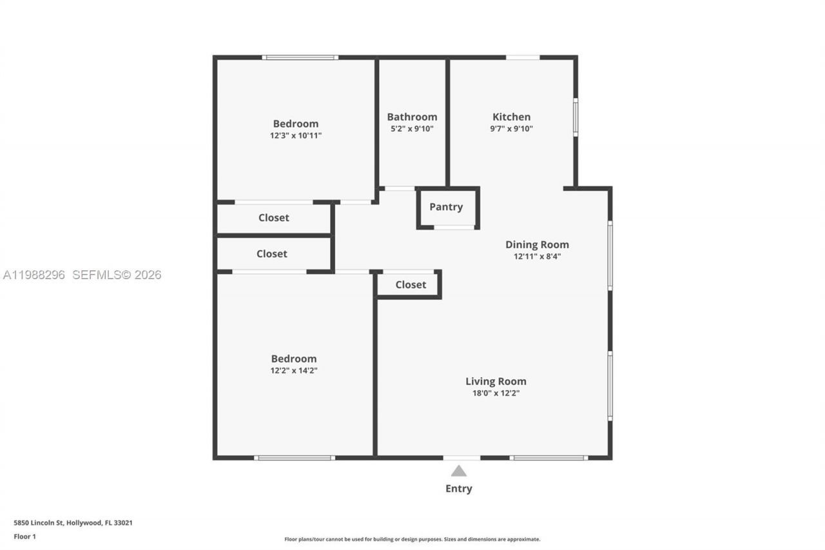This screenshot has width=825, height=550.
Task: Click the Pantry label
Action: tap(446, 207)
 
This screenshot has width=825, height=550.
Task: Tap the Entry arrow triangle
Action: tap(458, 471)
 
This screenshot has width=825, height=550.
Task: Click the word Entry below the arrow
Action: tap(458, 489)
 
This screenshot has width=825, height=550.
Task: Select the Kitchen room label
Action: tap(511, 117)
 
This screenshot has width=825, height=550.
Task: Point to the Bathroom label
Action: tap(412, 117)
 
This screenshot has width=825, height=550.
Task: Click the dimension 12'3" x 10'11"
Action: tap(295, 136)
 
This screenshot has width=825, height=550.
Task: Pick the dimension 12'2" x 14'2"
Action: tap(294, 371)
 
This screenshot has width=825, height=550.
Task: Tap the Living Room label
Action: tap(496, 381)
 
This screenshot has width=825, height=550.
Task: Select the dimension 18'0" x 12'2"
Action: tap(496, 393)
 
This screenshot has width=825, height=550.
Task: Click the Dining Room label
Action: tap(537, 244)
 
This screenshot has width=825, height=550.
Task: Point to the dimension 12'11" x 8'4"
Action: tap(537, 256)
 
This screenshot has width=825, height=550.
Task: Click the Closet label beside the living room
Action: tap(411, 284)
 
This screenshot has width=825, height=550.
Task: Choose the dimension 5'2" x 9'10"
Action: tap(412, 128)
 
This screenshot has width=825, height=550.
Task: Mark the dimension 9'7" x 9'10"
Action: tap(511, 128)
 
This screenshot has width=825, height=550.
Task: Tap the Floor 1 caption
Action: tap(25, 536)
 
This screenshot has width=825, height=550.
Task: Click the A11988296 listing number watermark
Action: tap(34, 275)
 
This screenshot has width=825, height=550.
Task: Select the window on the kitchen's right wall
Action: tap(576, 117)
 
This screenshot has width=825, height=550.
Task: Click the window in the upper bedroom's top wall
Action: tap(300, 57)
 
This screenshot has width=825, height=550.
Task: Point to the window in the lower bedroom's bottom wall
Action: tap(294, 458)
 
